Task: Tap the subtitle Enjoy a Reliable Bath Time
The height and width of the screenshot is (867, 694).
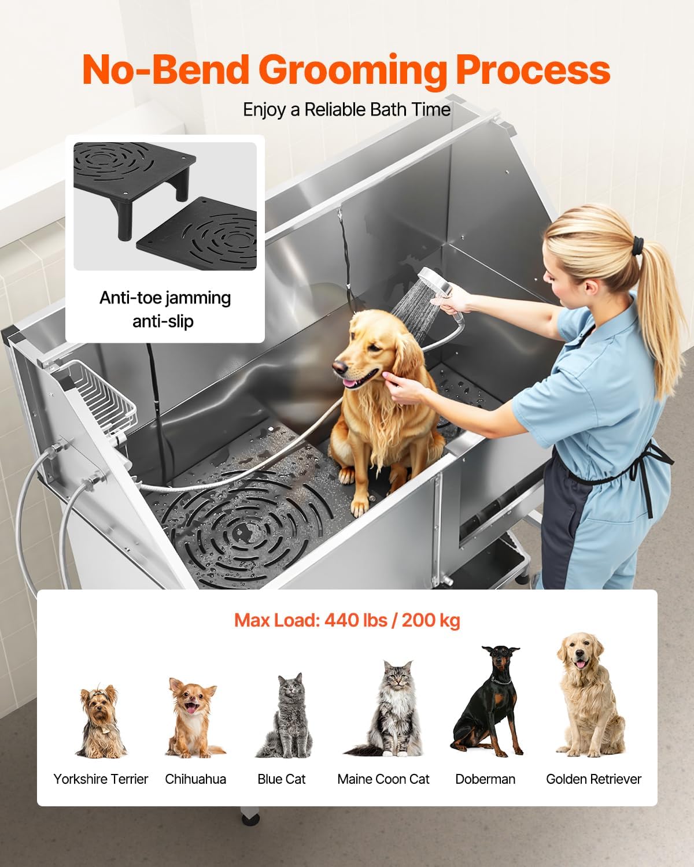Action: (346, 109)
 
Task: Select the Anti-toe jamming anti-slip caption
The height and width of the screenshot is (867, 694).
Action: (165, 309)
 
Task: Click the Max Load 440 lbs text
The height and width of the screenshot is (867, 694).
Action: (347, 621)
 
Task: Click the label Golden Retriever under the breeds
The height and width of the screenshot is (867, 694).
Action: (593, 779)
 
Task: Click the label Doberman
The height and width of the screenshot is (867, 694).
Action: (485, 779)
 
